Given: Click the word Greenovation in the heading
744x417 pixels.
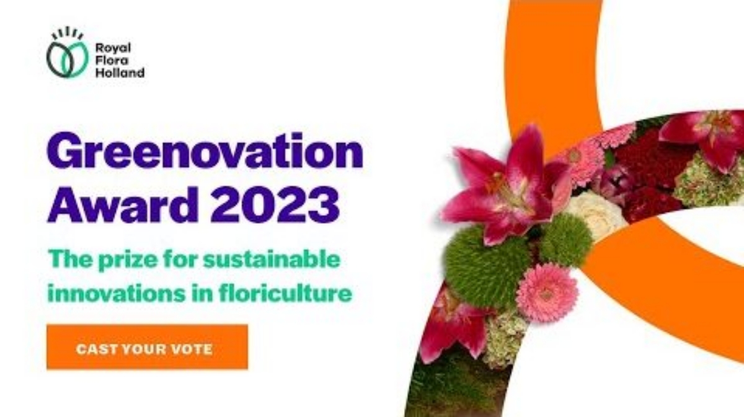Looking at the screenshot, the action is pyautogui.click(x=205, y=151).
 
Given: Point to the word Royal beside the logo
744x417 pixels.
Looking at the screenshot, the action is pyautogui.click(x=113, y=48).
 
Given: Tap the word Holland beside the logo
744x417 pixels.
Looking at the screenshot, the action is pyautogui.click(x=120, y=72).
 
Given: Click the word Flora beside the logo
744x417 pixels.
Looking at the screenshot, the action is pyautogui.click(x=112, y=60).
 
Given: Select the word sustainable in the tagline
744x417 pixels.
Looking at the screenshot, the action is pyautogui.click(x=272, y=259).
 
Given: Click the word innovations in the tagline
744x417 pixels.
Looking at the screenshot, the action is pyautogui.click(x=117, y=294).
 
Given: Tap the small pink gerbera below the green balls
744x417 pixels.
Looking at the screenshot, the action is pyautogui.click(x=547, y=293).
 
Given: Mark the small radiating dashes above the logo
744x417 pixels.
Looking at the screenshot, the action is pyautogui.click(x=68, y=33).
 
